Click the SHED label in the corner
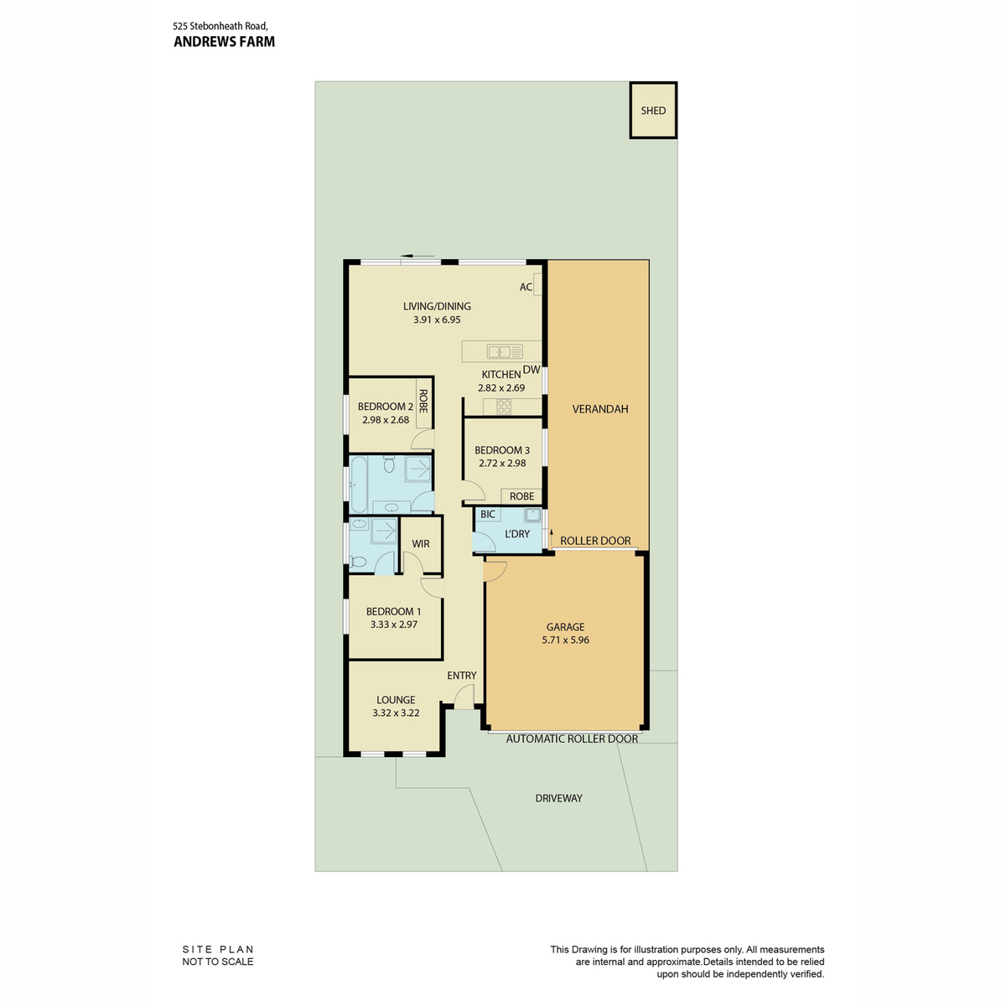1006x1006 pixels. point(652,111)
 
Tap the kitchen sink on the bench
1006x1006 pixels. point(505,351)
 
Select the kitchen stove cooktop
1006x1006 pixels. point(504,407)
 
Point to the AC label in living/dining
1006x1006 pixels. point(525,287)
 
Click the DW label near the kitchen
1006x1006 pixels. point(531,370)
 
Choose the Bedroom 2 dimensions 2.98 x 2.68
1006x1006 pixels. point(386,420)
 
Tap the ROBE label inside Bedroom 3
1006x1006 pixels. point(521,496)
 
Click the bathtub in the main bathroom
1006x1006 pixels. point(359,484)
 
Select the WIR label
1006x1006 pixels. point(420,544)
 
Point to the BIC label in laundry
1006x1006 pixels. point(488,514)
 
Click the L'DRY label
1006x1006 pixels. point(517,533)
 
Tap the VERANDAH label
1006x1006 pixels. point(600,409)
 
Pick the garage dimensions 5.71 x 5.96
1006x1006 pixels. point(565,640)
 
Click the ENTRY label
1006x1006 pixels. point(461,676)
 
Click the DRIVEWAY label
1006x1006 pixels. point(558,798)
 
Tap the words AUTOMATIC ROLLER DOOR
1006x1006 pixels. point(572,739)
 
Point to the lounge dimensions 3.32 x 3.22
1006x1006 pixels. point(396,713)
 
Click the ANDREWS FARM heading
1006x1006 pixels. point(224,42)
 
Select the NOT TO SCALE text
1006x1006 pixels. point(218,961)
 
